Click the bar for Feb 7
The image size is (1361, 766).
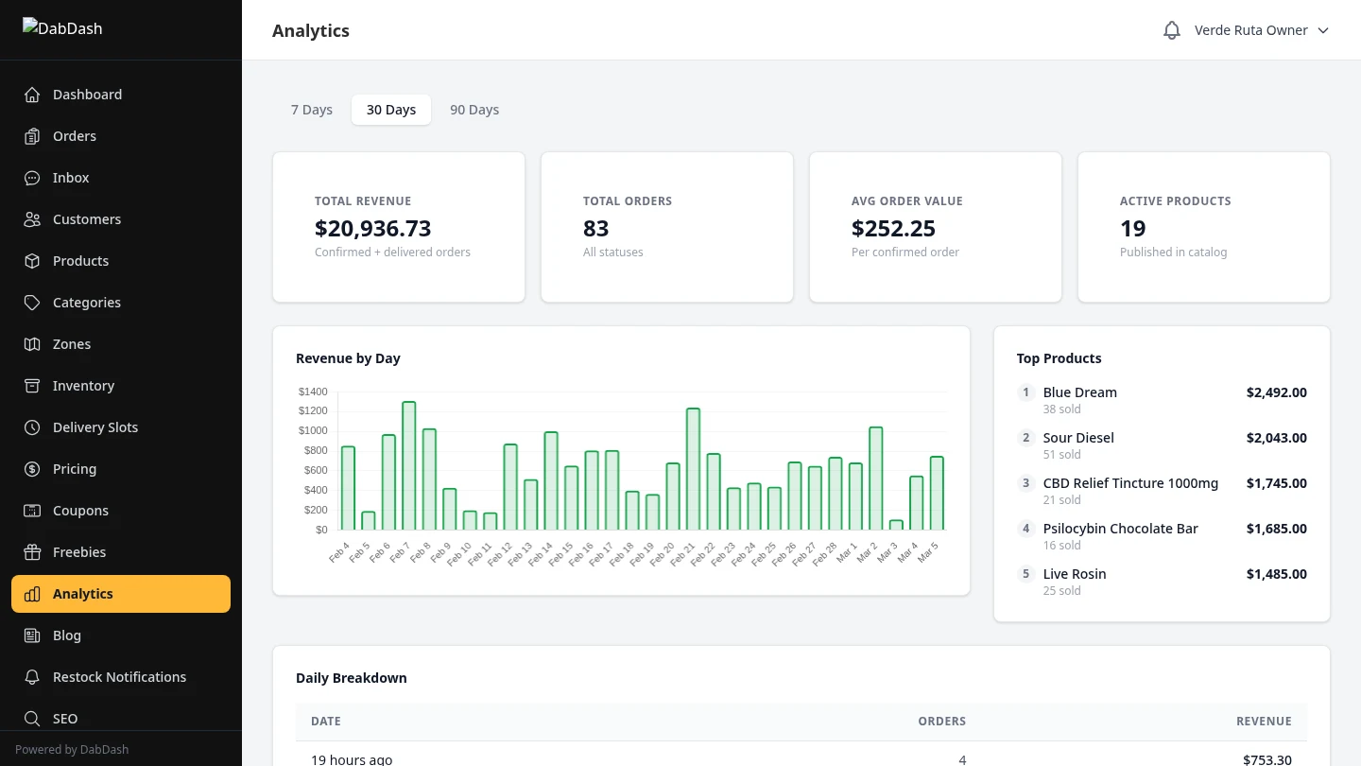pyautogui.click(x=408, y=465)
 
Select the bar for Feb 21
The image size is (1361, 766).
pyautogui.click(x=693, y=469)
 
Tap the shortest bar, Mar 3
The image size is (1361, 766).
pyautogui.click(x=896, y=525)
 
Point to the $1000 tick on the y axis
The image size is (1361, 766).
pyautogui.click(x=313, y=430)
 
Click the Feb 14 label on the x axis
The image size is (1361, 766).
pyautogui.click(x=542, y=554)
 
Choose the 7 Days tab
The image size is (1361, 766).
pyautogui.click(x=312, y=110)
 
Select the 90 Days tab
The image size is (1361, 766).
pyautogui.click(x=474, y=110)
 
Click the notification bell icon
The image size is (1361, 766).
pyautogui.click(x=1172, y=30)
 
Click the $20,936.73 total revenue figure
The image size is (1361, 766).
pyautogui.click(x=372, y=228)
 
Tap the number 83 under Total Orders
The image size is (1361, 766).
pyautogui.click(x=595, y=228)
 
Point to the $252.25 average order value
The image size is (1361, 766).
pyautogui.click(x=893, y=228)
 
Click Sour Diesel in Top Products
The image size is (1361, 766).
pyautogui.click(x=1078, y=438)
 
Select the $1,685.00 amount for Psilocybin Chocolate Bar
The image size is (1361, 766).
pyautogui.click(x=1276, y=529)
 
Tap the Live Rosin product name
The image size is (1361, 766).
pyautogui.click(x=1075, y=574)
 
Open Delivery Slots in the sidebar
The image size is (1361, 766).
pyautogui.click(x=95, y=427)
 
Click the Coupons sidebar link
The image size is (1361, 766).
pyautogui.click(x=80, y=511)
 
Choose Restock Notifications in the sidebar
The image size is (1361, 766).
pyautogui.click(x=119, y=677)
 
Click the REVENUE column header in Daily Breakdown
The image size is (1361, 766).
pyautogui.click(x=1264, y=721)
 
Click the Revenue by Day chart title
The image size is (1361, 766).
pyautogui.click(x=348, y=358)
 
